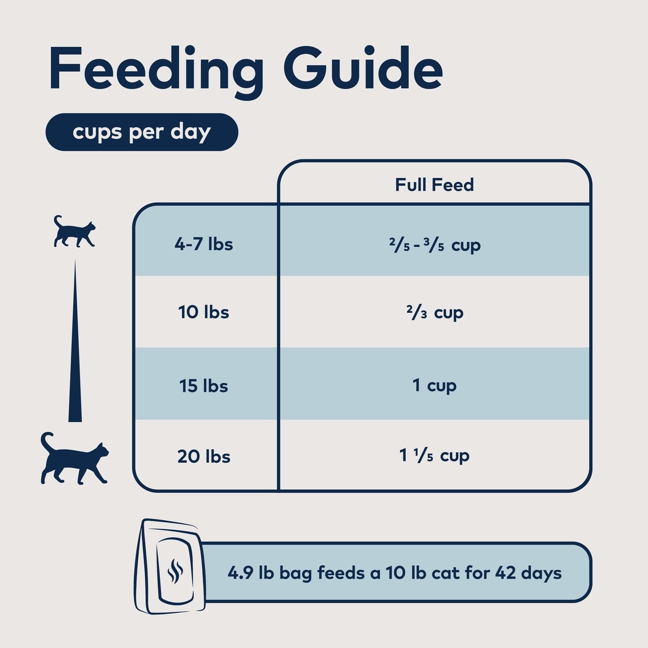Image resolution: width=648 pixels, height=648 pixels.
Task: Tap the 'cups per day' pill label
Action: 141,132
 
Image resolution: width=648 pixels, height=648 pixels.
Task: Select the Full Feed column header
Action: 434,185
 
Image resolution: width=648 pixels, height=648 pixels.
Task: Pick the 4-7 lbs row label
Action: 204,244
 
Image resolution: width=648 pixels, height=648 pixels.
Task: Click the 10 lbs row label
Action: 204,312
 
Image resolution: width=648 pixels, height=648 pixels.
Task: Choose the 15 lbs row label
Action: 204,386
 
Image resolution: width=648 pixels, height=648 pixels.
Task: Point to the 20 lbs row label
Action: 204,457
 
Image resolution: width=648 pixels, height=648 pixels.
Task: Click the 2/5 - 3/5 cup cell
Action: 434,245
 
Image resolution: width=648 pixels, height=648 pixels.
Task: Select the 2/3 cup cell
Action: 434,313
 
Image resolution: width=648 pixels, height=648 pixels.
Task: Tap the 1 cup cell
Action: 434,386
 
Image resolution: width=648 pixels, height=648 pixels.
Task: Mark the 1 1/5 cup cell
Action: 434,456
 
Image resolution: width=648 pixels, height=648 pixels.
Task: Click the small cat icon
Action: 75,232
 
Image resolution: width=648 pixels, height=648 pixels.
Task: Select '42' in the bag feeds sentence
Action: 505,572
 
